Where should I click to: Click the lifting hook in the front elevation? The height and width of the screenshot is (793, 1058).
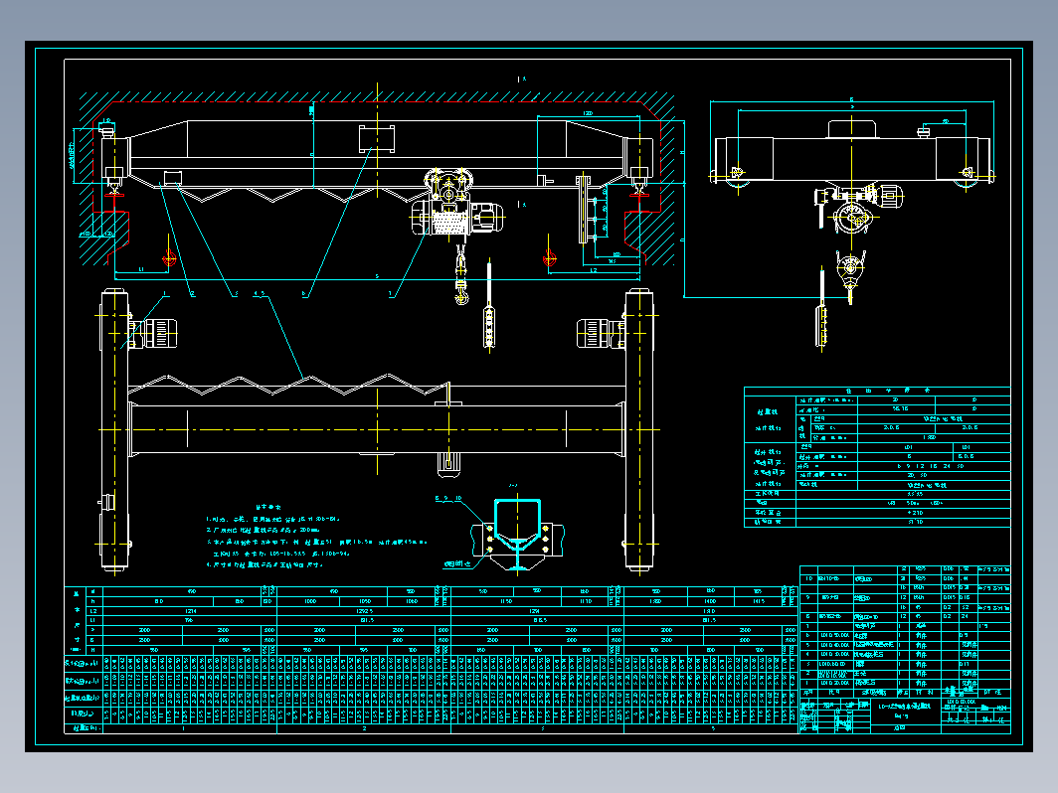pyautogui.click(x=460, y=294)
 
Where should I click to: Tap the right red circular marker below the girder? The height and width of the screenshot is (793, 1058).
pyautogui.click(x=548, y=258)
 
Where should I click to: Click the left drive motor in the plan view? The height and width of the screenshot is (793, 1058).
pyautogui.click(x=156, y=331)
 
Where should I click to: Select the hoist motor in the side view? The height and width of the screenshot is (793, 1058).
pyautogui.click(x=888, y=195)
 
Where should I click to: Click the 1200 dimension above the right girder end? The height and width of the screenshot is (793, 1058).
pyautogui.click(x=589, y=115)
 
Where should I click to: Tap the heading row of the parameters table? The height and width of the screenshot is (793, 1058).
pyautogui.click(x=876, y=392)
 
